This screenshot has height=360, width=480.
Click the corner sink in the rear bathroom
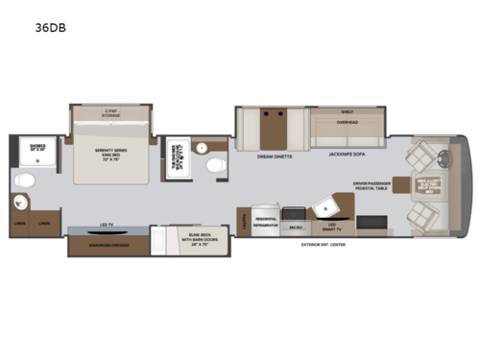click(18, 204)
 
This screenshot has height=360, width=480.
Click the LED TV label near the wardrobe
click(108, 228)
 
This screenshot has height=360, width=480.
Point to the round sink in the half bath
click(202, 148)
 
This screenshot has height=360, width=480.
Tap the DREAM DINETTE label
click(275, 156)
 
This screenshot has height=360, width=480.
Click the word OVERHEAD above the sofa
click(347, 125)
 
